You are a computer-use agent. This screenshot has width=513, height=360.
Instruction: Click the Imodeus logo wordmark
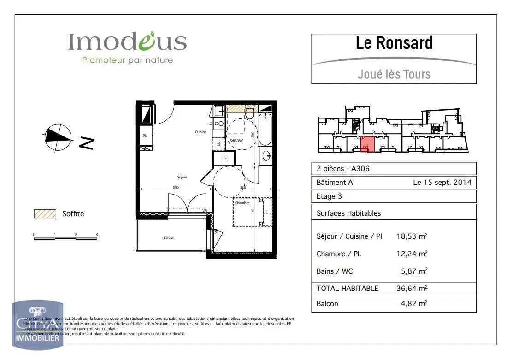[x=127, y=42]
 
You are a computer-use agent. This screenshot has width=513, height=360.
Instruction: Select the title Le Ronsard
[x=394, y=43]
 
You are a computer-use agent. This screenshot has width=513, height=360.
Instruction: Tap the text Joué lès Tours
[x=394, y=74]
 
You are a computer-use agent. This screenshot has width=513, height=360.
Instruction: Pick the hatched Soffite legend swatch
[x=44, y=214]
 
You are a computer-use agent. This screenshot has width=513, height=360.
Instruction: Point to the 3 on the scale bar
[x=96, y=235]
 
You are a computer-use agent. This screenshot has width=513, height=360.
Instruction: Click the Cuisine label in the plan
[x=200, y=132]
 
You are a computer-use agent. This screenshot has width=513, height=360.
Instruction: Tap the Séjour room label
[x=182, y=177]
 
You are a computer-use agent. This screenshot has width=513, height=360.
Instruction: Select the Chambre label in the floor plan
[x=242, y=203]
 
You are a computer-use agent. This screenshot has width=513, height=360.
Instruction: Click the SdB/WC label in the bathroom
[x=236, y=140]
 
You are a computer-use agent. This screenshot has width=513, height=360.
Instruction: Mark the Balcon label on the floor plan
[x=169, y=237]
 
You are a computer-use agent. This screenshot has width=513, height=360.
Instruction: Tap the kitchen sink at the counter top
[x=218, y=111]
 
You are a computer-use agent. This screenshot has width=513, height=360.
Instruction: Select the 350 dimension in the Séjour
[x=176, y=188]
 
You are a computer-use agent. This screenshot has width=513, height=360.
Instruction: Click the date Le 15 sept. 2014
[x=442, y=182]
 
